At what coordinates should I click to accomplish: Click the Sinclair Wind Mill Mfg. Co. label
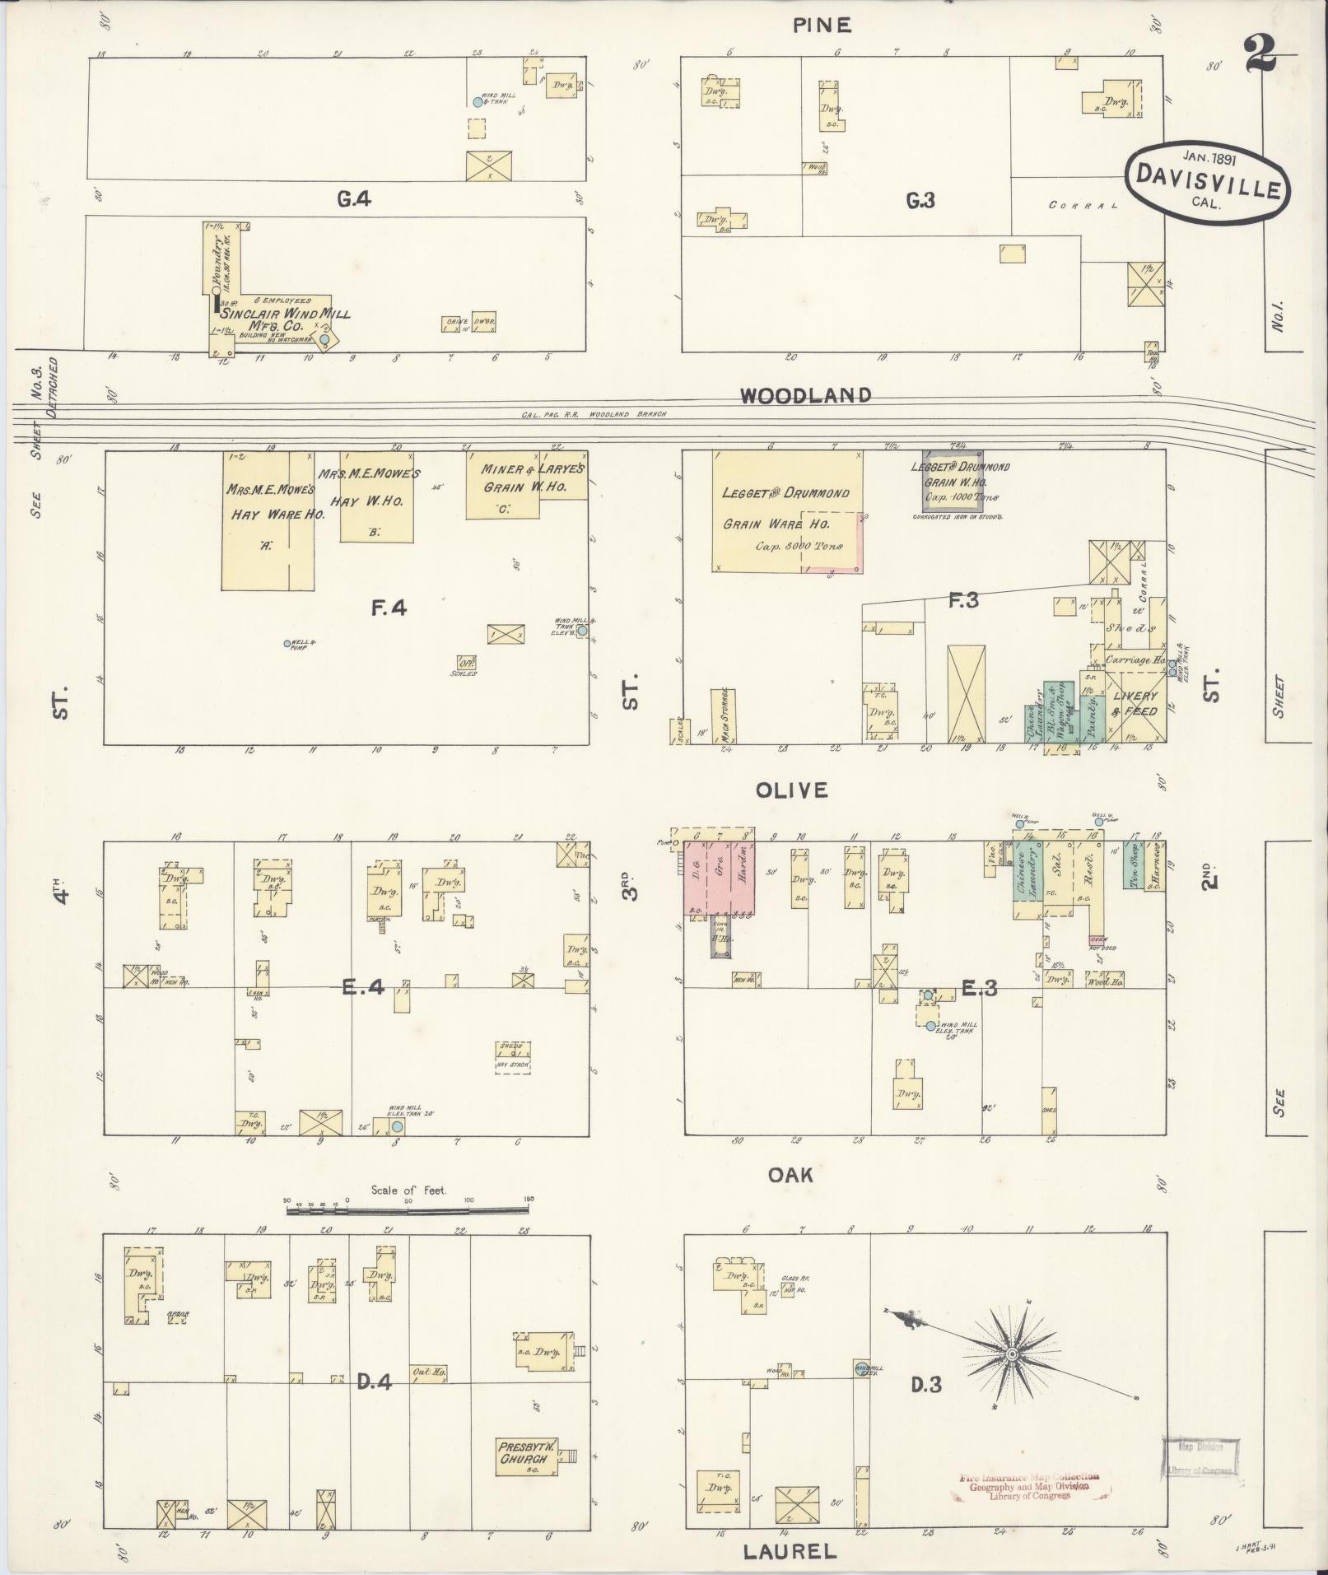point(284,319)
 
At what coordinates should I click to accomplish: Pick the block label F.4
point(388,609)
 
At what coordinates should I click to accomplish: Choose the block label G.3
point(920,199)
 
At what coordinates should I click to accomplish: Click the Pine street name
point(821,25)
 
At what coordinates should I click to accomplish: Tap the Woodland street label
point(804,395)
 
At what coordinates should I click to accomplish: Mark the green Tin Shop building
point(1134,864)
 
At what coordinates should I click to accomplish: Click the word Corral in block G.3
point(1083,205)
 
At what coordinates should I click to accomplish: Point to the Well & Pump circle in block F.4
point(287,643)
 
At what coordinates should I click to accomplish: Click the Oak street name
point(791,1174)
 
